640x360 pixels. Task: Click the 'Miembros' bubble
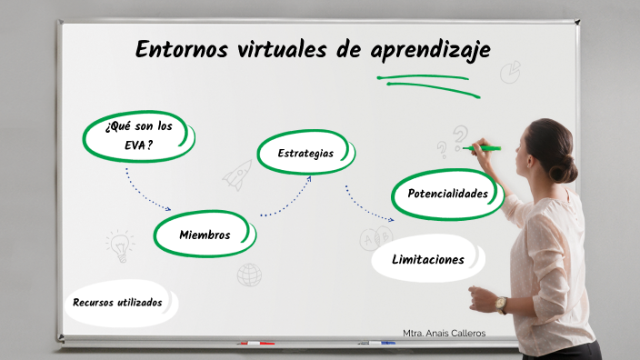tap(204, 235)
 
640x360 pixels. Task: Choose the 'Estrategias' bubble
tap(305, 153)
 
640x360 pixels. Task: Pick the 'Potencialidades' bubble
tap(447, 194)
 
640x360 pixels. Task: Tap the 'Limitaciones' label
tap(427, 259)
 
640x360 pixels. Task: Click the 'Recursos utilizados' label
tap(118, 302)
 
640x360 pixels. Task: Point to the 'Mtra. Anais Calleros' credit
tap(444, 333)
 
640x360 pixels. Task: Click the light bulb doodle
tap(117, 243)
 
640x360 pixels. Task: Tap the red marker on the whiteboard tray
tap(255, 344)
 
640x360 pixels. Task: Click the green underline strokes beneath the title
tap(427, 82)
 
